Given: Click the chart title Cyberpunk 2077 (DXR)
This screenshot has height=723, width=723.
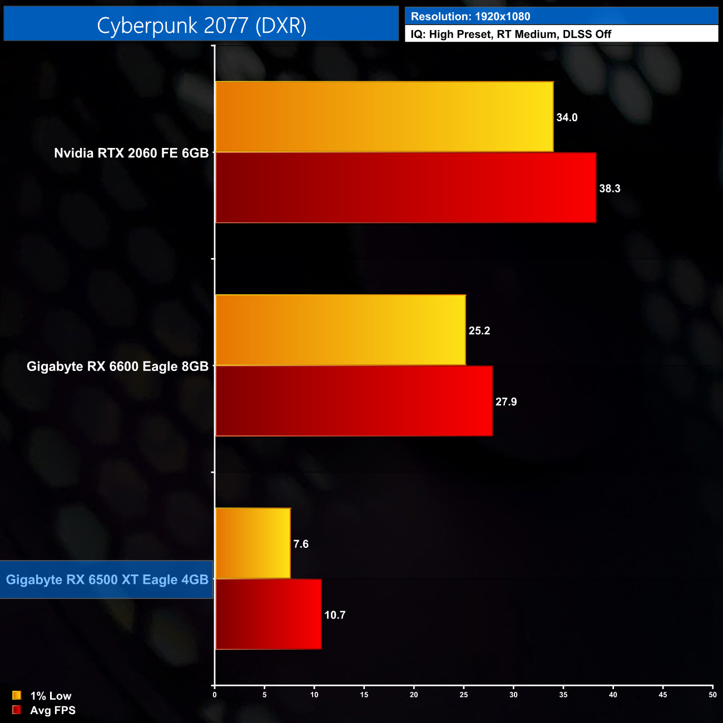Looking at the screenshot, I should [x=201, y=25].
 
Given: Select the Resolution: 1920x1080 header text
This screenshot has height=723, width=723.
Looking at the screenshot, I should [x=471, y=17].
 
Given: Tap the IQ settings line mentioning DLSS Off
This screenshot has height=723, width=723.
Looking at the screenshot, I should [x=511, y=34].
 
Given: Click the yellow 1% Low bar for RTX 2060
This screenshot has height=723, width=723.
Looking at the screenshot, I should [x=384, y=117].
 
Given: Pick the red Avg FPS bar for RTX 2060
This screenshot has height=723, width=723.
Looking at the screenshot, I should [x=405, y=188].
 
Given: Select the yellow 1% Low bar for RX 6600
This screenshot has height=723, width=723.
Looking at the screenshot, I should [x=340, y=330].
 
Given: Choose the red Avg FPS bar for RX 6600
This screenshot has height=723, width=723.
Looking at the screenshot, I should [x=354, y=401].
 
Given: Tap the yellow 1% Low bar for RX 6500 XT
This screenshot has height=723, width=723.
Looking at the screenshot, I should [x=252, y=543].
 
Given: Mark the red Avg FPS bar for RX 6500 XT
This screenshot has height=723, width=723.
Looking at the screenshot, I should [x=268, y=614].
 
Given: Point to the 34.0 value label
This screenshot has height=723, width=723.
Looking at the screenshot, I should [x=567, y=117].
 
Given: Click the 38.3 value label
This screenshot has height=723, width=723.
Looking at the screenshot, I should [x=610, y=189].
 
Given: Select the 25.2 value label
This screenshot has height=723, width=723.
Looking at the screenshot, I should [x=479, y=331].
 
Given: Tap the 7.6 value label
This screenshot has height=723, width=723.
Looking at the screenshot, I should [x=301, y=544].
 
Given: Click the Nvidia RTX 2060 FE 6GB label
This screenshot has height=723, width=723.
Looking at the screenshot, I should [x=131, y=153].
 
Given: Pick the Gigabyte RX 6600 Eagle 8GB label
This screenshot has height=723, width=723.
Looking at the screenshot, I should [x=117, y=367].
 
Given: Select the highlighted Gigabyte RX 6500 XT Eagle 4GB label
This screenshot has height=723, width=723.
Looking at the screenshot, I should [x=107, y=580].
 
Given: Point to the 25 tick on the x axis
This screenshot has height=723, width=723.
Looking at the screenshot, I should [x=464, y=695].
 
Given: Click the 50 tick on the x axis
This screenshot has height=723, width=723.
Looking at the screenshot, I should [x=712, y=695].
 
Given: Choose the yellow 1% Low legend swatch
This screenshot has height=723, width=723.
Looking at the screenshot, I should [x=17, y=695].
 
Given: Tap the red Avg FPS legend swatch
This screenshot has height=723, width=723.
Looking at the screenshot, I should [x=17, y=710].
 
